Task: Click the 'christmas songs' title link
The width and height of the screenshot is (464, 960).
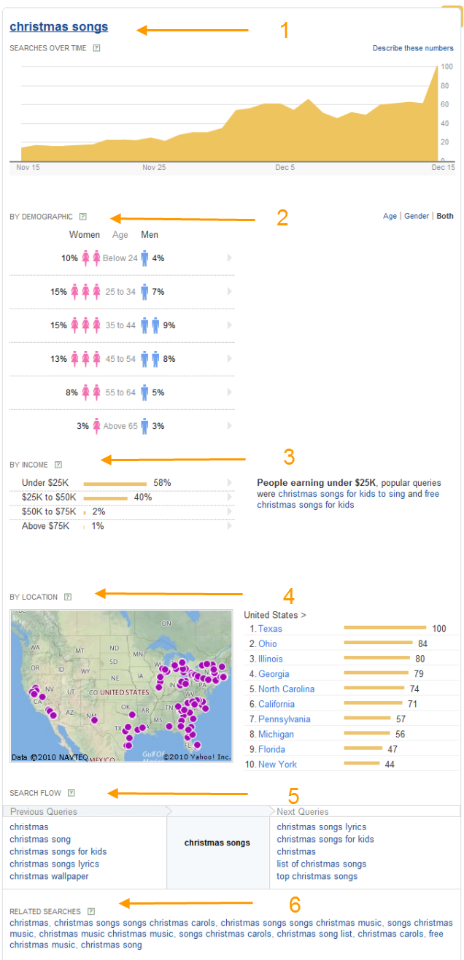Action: (x=58, y=27)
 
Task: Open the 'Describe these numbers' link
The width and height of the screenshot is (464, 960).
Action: (x=413, y=48)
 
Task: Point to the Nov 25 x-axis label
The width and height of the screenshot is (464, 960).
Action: (x=154, y=167)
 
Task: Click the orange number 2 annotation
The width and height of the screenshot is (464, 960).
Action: (x=282, y=218)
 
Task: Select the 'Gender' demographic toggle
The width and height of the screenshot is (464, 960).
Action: (x=417, y=216)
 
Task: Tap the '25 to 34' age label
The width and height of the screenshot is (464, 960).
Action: (x=120, y=292)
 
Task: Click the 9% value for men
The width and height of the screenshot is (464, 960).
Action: (x=169, y=325)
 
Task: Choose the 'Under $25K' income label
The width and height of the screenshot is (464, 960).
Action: (x=45, y=483)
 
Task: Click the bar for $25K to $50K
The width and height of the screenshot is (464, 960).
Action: (x=106, y=498)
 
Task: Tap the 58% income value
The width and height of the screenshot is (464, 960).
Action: (x=162, y=483)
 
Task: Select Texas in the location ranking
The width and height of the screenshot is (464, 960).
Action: (x=270, y=629)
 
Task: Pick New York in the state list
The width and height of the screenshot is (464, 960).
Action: (x=277, y=764)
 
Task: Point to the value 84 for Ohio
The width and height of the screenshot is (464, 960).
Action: (x=422, y=644)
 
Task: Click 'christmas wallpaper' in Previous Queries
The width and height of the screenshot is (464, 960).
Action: (x=49, y=876)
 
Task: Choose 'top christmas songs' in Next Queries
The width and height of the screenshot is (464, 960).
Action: (x=317, y=876)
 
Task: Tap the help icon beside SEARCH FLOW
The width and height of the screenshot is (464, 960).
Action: (x=71, y=793)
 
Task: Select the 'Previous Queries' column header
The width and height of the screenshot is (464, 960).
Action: (x=43, y=811)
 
